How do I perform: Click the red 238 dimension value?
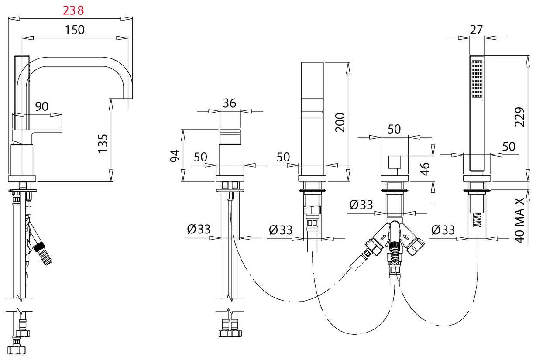(73, 10)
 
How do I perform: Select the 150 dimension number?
(75, 30)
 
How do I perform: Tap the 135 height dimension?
(103, 143)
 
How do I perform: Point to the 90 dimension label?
(41, 106)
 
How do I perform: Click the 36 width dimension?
(230, 103)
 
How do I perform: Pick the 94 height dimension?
(175, 156)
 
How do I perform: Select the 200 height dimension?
(340, 123)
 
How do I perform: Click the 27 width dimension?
(476, 30)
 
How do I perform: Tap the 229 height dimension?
(519, 117)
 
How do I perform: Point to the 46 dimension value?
(425, 169)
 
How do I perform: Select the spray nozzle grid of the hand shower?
(477, 79)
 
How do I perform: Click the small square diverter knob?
(395, 162)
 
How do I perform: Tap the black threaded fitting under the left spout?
(39, 247)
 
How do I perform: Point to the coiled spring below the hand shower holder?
(477, 219)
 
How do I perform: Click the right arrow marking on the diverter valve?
(405, 237)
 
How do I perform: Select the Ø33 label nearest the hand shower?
(443, 230)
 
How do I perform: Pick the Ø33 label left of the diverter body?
(361, 205)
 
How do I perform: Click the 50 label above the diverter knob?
(394, 129)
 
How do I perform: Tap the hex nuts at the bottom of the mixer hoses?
(230, 333)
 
